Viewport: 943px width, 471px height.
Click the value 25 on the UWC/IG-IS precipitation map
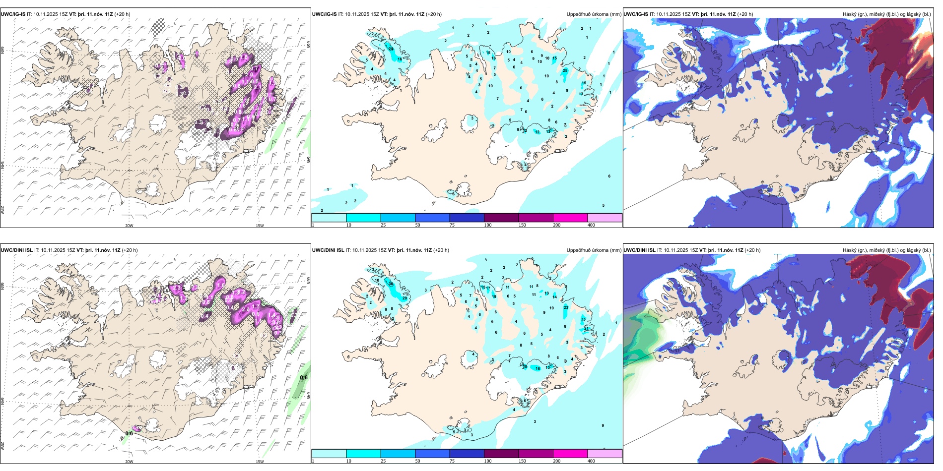coord(565,70)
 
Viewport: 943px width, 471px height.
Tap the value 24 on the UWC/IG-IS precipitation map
coord(391,49)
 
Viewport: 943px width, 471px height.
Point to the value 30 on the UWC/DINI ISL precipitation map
coord(391,284)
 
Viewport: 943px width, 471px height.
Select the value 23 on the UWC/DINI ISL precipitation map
coord(566,307)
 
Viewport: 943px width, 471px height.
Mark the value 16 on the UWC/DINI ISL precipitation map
coord(538,368)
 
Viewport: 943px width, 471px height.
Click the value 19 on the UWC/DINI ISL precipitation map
coord(494,296)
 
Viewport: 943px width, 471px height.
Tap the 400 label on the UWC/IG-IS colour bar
coord(591,225)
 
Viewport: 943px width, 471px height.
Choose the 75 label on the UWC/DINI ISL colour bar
coord(452,461)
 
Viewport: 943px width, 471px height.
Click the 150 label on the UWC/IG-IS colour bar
coord(522,225)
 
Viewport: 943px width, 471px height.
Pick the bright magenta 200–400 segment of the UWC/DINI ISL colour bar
coord(570,454)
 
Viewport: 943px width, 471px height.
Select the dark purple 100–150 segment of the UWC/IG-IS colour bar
coord(501,218)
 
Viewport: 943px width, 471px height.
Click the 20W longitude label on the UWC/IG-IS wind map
coord(129,226)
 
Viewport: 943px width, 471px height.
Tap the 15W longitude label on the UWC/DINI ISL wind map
coord(259,462)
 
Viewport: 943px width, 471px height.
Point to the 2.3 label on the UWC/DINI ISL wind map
coord(177,288)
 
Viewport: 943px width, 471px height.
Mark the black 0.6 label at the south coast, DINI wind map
coord(129,433)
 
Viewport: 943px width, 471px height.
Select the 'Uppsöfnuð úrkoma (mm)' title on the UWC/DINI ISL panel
coord(594,250)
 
